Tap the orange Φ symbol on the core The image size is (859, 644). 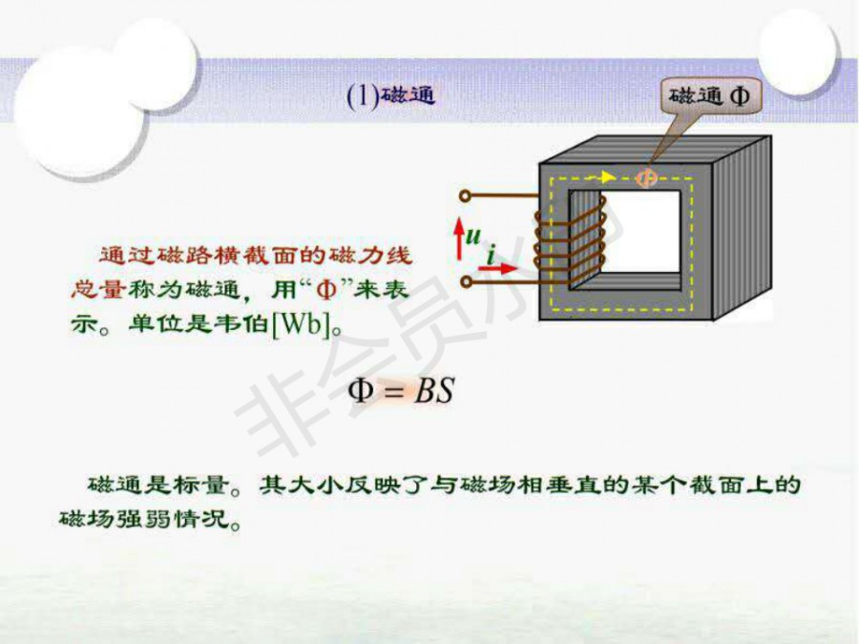click(647, 177)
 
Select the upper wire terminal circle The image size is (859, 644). click(465, 197)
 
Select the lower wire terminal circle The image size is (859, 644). click(465, 282)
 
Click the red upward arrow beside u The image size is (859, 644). click(459, 235)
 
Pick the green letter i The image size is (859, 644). click(491, 254)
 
